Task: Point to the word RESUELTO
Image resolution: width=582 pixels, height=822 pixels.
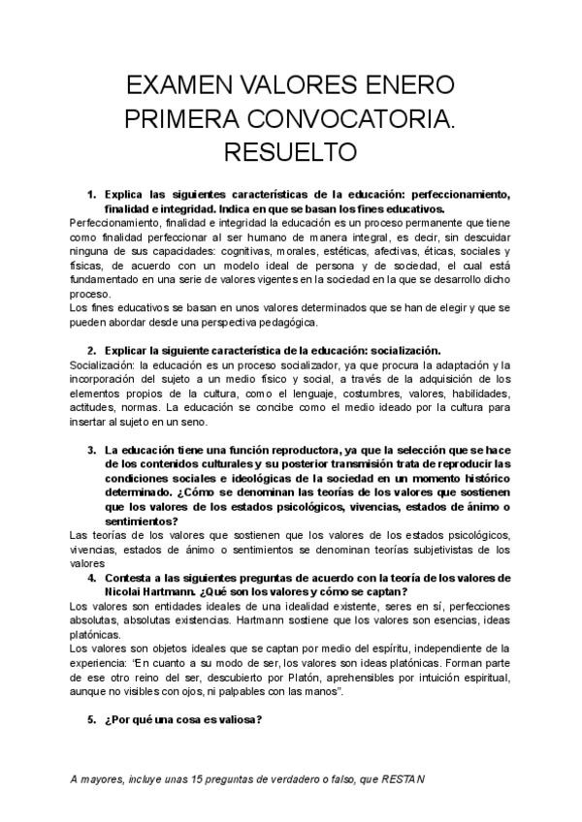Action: click(291, 152)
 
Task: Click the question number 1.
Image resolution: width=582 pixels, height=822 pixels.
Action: click(90, 194)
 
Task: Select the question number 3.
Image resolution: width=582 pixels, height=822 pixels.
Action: click(90, 450)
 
